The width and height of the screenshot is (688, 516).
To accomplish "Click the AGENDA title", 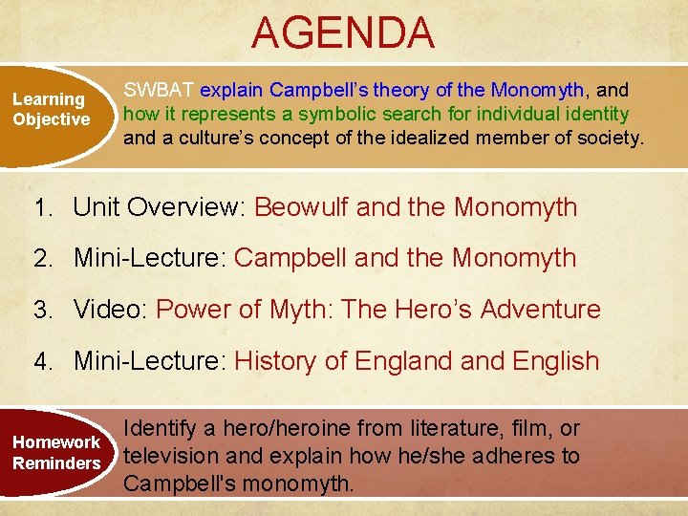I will pos(343,32).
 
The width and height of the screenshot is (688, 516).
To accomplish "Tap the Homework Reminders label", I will pos(56,453).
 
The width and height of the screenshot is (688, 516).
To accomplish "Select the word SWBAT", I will pos(160,90).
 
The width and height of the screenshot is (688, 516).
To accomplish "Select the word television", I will pos(171,456).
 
